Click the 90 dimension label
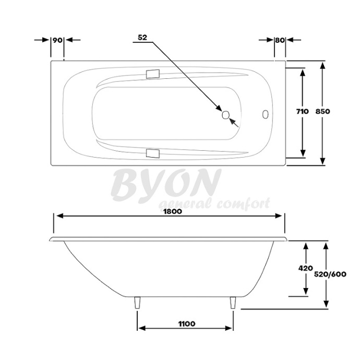pyautogui.click(x=57, y=40)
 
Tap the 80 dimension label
pyautogui.click(x=280, y=40)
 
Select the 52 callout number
pyautogui.click(x=142, y=38)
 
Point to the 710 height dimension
pyautogui.click(x=302, y=111)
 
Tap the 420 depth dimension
pyautogui.click(x=306, y=268)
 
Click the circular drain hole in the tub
pyautogui.click(x=226, y=115)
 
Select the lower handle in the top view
pyautogui.click(x=153, y=153)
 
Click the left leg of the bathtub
pyautogui.click(x=138, y=303)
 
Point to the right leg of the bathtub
pyautogui.click(x=233, y=303)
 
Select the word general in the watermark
pyautogui.click(x=186, y=204)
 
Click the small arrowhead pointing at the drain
pyautogui.click(x=233, y=122)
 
